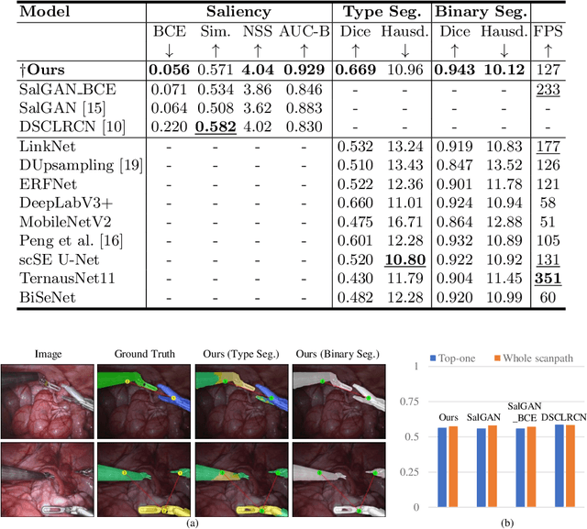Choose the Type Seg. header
[x=378, y=13]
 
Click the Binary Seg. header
[x=480, y=13]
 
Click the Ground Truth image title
[x=137, y=353]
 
